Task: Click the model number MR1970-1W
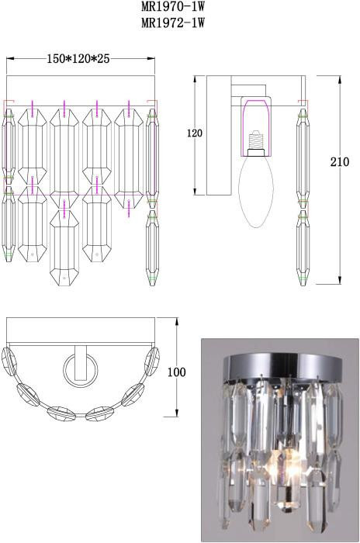[x=173, y=6]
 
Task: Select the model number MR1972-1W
[x=173, y=22]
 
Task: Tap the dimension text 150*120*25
[x=78, y=59]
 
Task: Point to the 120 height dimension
[x=195, y=133]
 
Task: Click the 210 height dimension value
[x=340, y=161]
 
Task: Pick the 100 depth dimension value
[x=177, y=372]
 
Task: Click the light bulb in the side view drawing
[x=257, y=188]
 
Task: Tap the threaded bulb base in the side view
[x=256, y=140]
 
